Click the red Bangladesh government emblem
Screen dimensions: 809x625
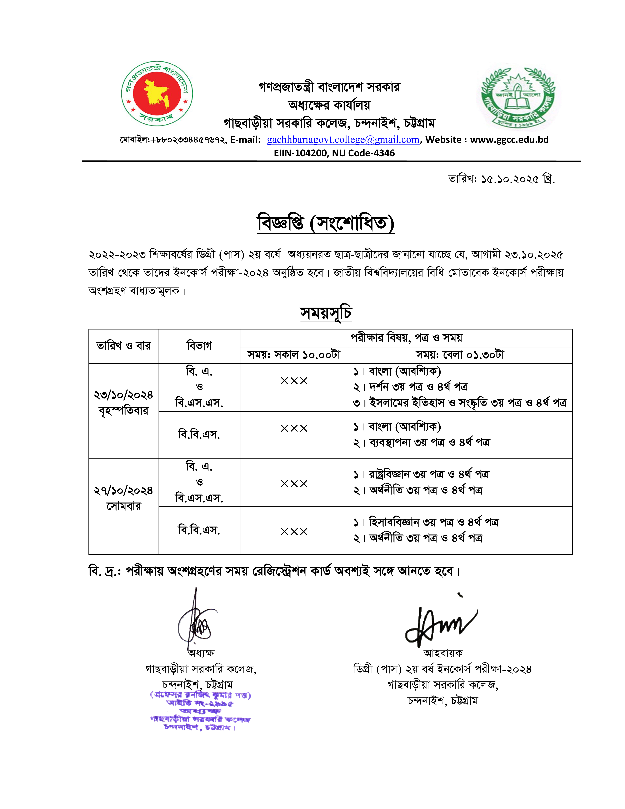157,94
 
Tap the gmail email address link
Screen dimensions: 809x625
343,140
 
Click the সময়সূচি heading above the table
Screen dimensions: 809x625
326,313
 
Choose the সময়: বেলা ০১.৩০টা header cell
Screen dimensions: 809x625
460,355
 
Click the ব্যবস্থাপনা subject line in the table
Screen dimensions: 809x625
422,442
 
